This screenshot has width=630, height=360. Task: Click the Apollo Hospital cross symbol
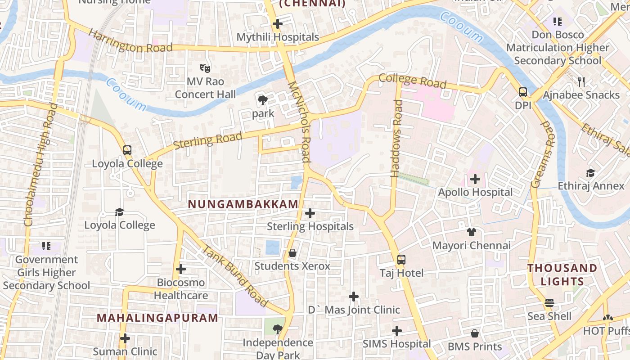click(475, 180)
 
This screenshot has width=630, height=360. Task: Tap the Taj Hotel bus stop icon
click(401, 260)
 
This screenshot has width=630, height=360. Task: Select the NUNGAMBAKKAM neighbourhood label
click(243, 204)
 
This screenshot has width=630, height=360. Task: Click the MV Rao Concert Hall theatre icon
click(205, 68)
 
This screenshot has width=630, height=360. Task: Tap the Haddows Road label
click(396, 138)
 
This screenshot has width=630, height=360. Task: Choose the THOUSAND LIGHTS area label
click(562, 275)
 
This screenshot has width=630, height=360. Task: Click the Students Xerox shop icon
click(292, 253)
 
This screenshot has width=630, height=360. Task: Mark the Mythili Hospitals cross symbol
click(278, 24)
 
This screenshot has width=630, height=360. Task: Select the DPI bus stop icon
click(523, 92)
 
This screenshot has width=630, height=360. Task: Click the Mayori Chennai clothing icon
click(471, 232)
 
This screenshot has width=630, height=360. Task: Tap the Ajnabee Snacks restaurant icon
click(581, 81)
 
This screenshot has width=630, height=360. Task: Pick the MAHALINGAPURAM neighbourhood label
click(157, 318)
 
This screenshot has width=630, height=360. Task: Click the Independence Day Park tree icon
click(278, 329)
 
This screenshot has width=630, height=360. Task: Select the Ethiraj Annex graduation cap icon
click(590, 173)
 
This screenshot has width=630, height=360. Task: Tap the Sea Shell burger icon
click(549, 303)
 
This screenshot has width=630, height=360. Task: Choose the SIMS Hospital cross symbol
click(397, 331)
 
